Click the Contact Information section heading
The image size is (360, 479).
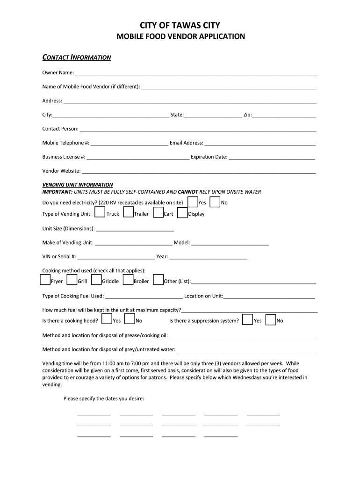77,58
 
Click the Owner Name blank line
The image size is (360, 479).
196,73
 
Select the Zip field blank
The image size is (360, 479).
284,115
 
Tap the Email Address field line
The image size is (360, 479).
260,143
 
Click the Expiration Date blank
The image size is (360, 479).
272,157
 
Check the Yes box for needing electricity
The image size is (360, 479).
192,202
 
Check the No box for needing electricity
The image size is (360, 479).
215,202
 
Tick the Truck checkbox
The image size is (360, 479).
100,213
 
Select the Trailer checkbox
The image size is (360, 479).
128,213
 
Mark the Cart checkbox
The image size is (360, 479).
158,213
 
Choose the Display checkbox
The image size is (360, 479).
182,213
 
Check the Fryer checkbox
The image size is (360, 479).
45,280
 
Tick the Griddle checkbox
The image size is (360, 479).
96,280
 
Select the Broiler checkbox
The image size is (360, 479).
128,280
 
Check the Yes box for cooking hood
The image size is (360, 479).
107,319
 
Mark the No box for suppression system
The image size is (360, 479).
270,319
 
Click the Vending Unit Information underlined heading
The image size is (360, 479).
78,185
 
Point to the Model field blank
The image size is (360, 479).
230,243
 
